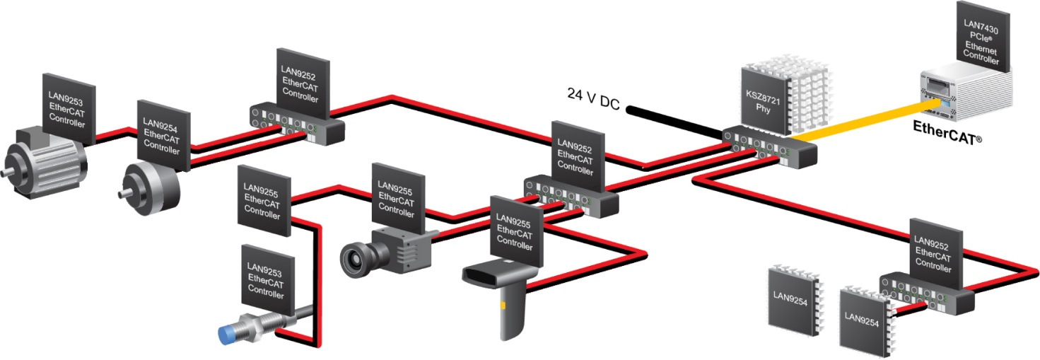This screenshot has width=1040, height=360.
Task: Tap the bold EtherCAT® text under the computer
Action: coord(945,130)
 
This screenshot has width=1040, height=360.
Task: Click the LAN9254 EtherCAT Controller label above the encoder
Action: coord(162,134)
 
